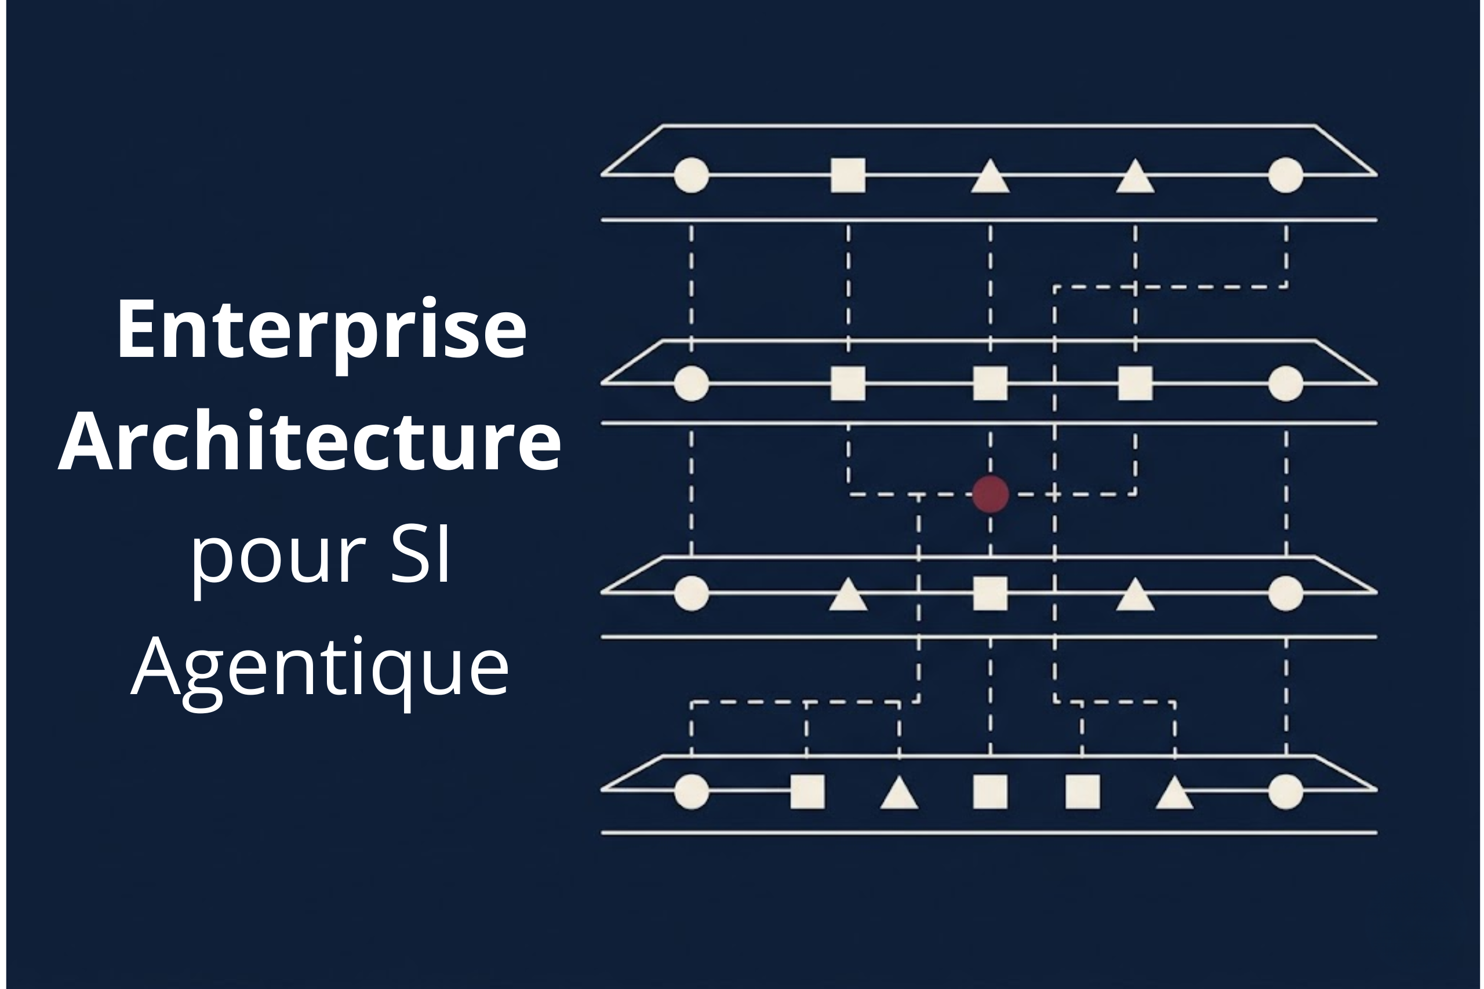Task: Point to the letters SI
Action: (x=420, y=553)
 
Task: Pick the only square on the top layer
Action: (x=848, y=175)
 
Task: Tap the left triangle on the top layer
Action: (x=990, y=176)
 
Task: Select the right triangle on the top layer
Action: (x=1135, y=176)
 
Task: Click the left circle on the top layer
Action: (x=692, y=175)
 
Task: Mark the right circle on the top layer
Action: (x=1286, y=175)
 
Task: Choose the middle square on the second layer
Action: (x=990, y=383)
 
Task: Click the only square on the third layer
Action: (x=990, y=593)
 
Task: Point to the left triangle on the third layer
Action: (x=848, y=594)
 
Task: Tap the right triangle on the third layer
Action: (x=1135, y=594)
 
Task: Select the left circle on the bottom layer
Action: (x=692, y=791)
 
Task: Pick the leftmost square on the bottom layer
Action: (x=808, y=791)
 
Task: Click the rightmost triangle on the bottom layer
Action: (x=1174, y=791)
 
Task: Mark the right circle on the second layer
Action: (x=1286, y=383)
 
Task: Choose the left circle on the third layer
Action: (x=692, y=593)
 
